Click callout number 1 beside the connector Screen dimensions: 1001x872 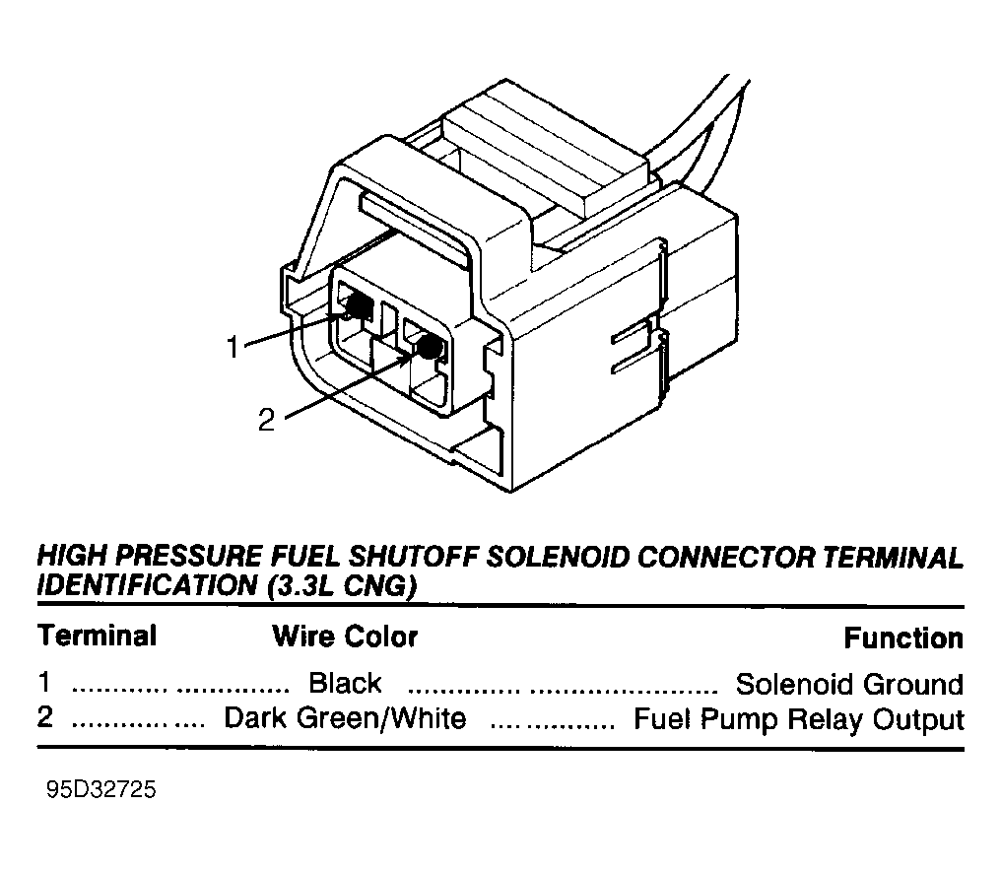coord(233,348)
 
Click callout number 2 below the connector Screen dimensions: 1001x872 coord(266,420)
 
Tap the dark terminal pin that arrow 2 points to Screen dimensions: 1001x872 coord(429,347)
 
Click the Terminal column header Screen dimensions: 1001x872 coord(97,636)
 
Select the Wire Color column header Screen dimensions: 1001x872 coord(345,637)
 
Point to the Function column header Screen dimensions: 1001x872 coord(903,637)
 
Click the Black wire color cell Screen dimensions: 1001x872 coord(346,683)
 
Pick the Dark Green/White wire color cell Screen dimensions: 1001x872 coord(345,718)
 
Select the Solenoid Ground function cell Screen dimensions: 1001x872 coord(849,685)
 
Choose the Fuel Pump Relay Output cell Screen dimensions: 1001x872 coord(798,719)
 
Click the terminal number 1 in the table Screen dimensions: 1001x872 coord(44,682)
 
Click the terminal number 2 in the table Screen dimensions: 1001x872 coord(44,717)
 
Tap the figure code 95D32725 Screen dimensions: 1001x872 coord(100,789)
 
